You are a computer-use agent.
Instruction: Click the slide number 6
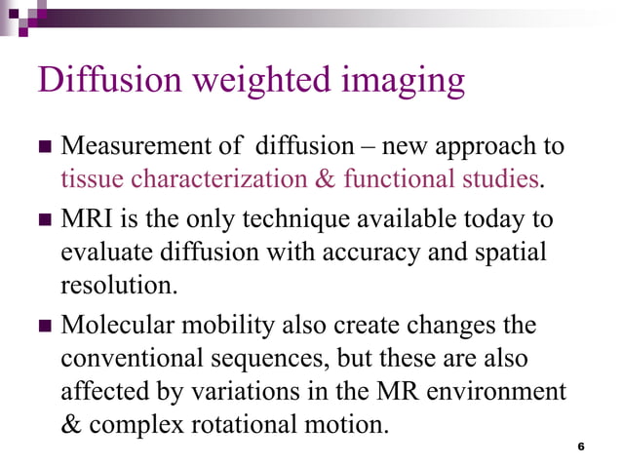coord(581,447)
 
